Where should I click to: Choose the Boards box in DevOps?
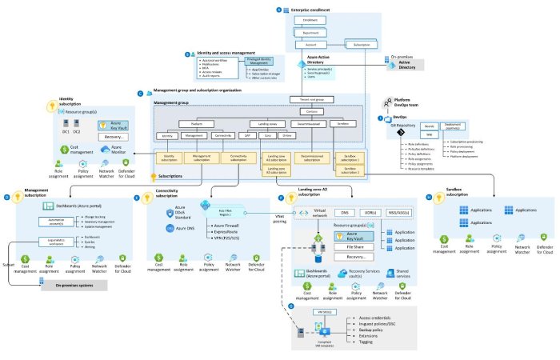tap(429, 126)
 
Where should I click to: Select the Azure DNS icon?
tap(169, 228)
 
